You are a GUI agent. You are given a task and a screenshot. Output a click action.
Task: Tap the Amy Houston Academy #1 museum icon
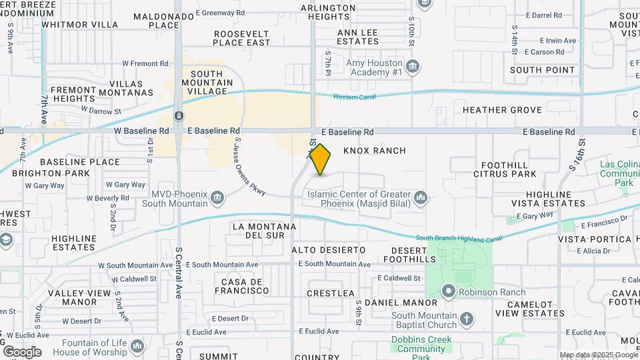point(413,66)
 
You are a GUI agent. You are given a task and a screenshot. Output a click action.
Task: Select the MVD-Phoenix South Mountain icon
point(217,198)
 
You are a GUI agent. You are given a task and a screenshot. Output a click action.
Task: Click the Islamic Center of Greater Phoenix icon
point(420,198)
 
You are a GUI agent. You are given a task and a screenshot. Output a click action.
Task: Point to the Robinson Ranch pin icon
point(448,291)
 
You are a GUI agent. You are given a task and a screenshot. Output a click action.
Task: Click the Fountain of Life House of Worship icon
point(137,346)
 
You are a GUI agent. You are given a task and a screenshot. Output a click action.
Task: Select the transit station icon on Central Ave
point(179,116)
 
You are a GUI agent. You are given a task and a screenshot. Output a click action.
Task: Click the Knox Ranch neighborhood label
point(374,151)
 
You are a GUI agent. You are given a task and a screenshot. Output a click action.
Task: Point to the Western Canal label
point(355,97)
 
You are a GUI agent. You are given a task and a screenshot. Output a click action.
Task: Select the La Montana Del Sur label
point(264,231)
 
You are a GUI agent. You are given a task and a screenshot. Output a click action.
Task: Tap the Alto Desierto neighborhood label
point(329,249)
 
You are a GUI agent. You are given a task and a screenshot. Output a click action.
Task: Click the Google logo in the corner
point(21,351)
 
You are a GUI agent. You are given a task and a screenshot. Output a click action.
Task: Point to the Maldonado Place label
point(156,21)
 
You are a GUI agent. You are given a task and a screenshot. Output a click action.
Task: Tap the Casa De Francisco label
point(241,286)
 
